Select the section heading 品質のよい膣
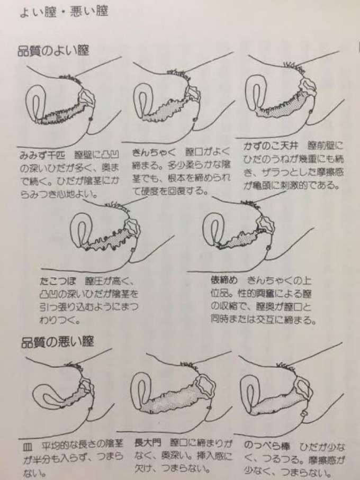tap(53, 51)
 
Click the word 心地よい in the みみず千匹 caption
tap(83, 193)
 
